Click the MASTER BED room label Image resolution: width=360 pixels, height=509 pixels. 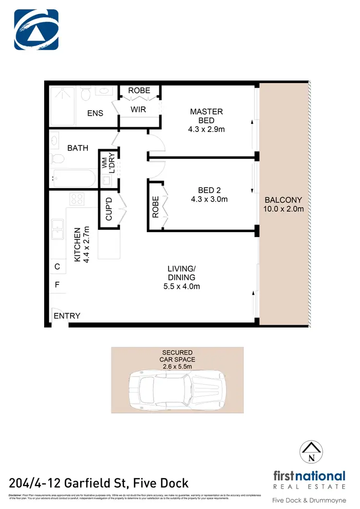point(206,116)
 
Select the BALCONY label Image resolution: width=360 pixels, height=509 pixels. point(283,200)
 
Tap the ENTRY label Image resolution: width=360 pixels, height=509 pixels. point(67,316)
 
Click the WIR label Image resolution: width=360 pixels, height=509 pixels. point(138,110)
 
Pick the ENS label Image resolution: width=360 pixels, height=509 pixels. point(95,114)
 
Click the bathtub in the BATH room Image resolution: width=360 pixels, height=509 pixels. point(73,178)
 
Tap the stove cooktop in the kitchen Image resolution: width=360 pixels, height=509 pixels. point(77,199)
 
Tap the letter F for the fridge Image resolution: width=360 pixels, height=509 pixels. point(57,284)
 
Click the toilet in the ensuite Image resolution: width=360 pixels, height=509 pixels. point(86,94)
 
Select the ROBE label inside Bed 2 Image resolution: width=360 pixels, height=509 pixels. point(155,207)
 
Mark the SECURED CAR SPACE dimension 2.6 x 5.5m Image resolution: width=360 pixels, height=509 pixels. point(177,367)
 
